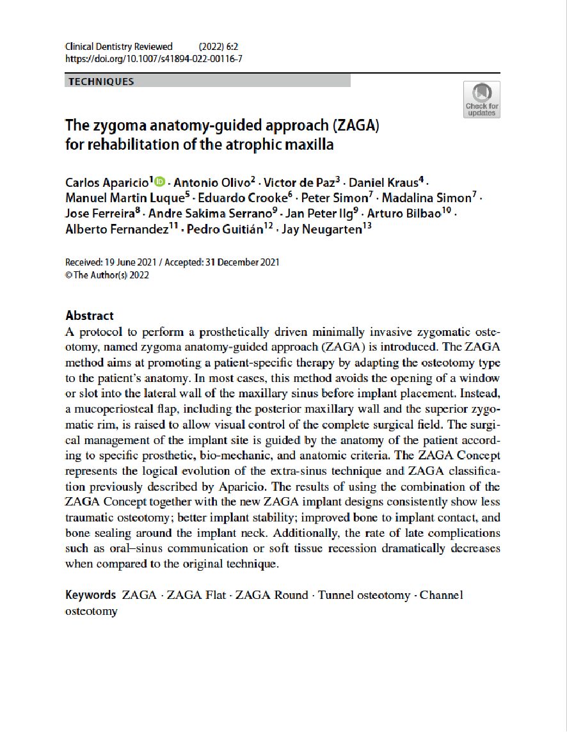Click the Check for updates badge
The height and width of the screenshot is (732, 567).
click(482, 99)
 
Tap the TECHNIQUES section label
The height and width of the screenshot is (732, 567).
click(100, 82)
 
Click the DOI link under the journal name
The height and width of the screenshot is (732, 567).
click(154, 58)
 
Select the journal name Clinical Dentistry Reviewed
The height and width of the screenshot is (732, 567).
click(119, 46)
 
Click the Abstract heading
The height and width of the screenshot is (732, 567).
click(90, 315)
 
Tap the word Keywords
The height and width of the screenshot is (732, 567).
click(91, 595)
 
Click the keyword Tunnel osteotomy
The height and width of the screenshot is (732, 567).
click(363, 595)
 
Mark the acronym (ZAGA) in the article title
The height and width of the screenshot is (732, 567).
click(353, 125)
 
